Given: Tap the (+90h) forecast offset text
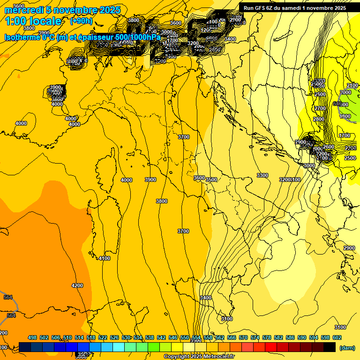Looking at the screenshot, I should pyautogui.click(x=81, y=21).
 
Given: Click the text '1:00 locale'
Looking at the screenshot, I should pyautogui.click(x=33, y=21).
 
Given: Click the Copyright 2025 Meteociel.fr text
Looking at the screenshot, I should pyautogui.click(x=199, y=357).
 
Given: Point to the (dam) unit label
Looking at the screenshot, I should pyautogui.click(x=346, y=348).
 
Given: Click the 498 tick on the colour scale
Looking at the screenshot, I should pyautogui.click(x=32, y=337).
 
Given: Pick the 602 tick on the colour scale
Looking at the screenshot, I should pyautogui.click(x=337, y=337).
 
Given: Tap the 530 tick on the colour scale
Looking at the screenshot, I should pyautogui.click(x=126, y=337).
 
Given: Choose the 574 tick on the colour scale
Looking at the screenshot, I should pyautogui.click(x=255, y=337).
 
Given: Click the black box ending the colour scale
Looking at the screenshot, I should pyautogui.click(x=330, y=347).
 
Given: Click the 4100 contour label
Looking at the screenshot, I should pyautogui.click(x=105, y=258).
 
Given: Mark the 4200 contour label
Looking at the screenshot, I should pyautogui.click(x=77, y=285).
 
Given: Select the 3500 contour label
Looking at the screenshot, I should pyautogui.click(x=211, y=180).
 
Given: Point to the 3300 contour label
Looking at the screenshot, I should pyautogui.click(x=262, y=175).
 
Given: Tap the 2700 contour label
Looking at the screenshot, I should pyautogui.click(x=320, y=108).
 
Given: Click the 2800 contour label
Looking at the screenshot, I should pyautogui.click(x=319, y=120).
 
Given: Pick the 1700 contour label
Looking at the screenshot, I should pyautogui.click(x=345, y=135).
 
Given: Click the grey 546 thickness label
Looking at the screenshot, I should pyautogui.click(x=337, y=104).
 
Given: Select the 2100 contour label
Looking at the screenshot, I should pyautogui.click(x=352, y=85).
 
